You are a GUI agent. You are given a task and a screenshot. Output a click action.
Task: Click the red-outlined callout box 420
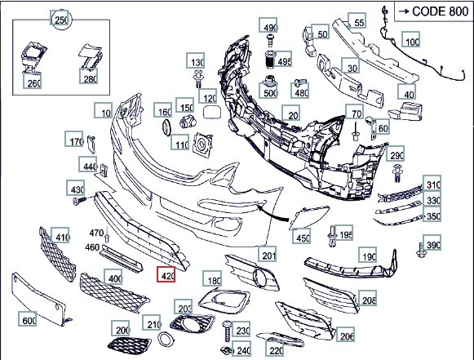tap(166, 274)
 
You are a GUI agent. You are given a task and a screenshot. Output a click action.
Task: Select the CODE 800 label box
tap(434, 11)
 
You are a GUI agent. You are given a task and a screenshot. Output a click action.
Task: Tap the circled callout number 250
tap(62, 20)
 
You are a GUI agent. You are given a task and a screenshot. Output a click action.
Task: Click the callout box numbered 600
tap(28, 319)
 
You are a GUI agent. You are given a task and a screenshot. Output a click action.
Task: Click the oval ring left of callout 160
tap(167, 127)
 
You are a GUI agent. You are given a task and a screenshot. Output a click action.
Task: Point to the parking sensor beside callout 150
tap(188, 122)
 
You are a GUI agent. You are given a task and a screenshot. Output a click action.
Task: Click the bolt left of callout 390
tap(420, 250)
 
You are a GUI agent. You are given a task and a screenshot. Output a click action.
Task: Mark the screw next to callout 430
tap(79, 200)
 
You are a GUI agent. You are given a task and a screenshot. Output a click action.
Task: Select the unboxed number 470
tap(96, 233)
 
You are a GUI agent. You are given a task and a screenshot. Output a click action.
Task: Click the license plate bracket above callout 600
tap(38, 299)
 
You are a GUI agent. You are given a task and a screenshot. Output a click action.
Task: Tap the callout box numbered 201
tap(268, 254)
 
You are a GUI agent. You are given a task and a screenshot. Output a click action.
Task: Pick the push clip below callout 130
tap(198, 78)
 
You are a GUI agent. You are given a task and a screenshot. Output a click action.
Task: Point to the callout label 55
tap(357, 20)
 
